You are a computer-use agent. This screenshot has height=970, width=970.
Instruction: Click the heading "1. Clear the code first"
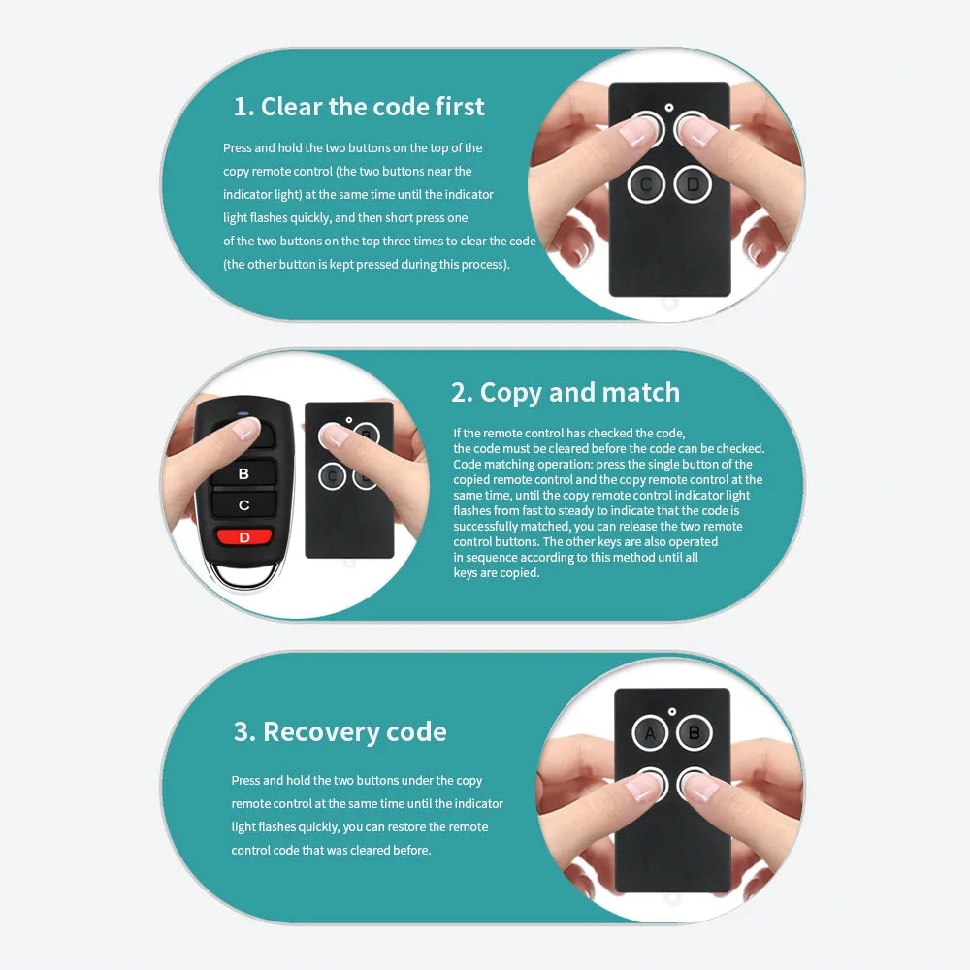359,107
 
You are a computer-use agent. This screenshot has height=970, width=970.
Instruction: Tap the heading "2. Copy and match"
566,393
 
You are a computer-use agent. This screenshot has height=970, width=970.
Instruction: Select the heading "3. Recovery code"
339,731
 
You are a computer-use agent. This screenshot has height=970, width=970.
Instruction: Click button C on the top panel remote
646,184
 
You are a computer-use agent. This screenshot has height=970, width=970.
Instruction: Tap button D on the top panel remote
693,184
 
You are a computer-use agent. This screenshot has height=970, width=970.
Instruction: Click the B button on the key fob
243,474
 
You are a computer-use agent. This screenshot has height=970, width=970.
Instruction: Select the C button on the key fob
243,504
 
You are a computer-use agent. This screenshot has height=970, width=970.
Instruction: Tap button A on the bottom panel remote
650,733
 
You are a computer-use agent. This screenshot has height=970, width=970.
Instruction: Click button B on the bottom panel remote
695,733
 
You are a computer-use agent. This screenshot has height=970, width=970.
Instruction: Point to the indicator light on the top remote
668,108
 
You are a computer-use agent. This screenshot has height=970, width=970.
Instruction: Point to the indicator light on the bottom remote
672,711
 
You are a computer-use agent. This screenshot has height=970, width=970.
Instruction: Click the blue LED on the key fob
243,414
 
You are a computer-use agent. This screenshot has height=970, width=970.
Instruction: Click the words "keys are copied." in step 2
496,573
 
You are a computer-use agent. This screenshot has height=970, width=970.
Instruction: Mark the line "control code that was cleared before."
331,850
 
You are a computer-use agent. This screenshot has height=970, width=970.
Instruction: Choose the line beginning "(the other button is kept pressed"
367,264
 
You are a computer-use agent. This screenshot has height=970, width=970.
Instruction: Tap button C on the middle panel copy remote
332,475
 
